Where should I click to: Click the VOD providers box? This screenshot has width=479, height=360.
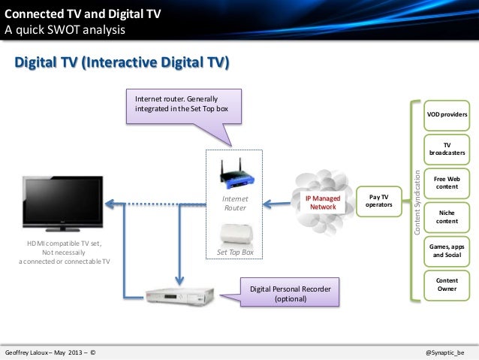[x=447, y=115]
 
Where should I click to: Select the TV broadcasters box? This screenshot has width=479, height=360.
[x=447, y=148]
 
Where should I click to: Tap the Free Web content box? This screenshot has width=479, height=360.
[x=447, y=183]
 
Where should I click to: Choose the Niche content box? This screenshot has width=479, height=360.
[x=447, y=216]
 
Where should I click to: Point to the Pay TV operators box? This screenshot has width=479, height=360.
[x=373, y=201]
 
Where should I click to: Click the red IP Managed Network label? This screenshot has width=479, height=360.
[x=324, y=201]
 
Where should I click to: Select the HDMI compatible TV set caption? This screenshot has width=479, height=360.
[x=64, y=252]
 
